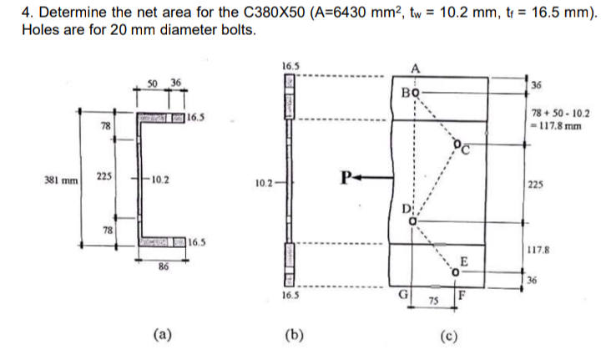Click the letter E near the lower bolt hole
point(462,260)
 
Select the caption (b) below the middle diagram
point(293,337)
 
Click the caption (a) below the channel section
point(162,337)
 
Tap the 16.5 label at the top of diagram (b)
point(290,63)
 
